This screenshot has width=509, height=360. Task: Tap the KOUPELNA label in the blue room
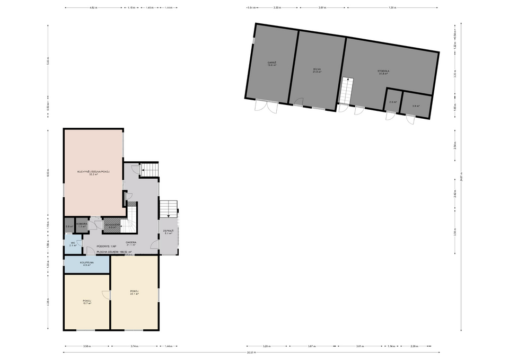(85, 263)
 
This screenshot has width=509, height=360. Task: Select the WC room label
(73, 244)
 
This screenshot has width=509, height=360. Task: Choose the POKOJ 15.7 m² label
(87, 302)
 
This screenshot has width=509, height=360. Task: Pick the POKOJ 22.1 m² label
(134, 292)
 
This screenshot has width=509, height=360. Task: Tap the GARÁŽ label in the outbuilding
(272, 64)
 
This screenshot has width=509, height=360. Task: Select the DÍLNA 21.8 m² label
(318, 70)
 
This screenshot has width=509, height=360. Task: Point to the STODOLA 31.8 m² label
(384, 72)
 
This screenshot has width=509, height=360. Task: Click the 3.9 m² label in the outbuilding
(416, 106)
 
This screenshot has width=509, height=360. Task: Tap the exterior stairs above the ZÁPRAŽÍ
(169, 208)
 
